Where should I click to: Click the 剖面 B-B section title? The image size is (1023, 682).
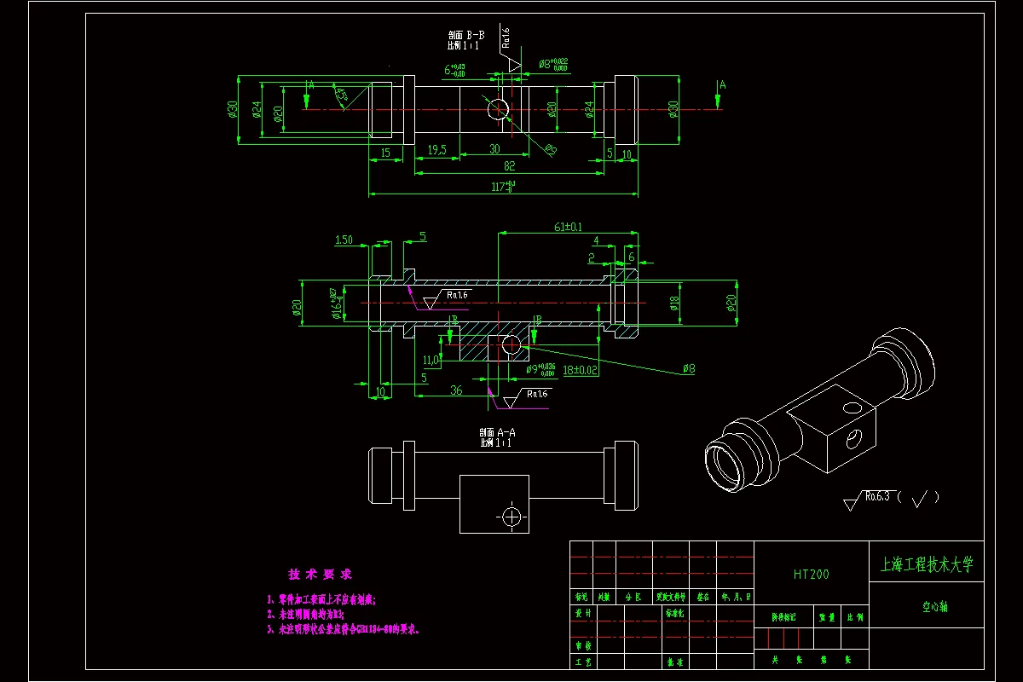coord(466,36)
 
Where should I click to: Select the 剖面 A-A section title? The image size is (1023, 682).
coord(497,433)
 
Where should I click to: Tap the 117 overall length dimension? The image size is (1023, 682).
coord(502,186)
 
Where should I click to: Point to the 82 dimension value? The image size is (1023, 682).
coord(509,165)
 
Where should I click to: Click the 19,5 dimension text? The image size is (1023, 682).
coord(436,149)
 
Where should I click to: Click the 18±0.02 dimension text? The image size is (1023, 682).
coord(581,370)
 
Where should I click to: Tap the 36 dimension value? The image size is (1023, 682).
coord(456,390)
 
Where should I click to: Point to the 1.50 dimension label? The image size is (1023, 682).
coord(344,240)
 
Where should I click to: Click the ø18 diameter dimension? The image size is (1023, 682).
coord(674,303)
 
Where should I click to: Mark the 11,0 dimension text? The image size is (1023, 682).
coord(429,361)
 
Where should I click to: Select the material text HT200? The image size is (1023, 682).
coord(811,575)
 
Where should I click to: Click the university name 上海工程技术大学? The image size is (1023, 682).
coord(926,564)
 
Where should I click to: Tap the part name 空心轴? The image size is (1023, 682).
coord(934,608)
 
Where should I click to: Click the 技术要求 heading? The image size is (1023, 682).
coord(320,575)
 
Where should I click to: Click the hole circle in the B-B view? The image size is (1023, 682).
coord(498,108)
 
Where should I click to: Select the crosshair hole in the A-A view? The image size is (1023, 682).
coord(511,517)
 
